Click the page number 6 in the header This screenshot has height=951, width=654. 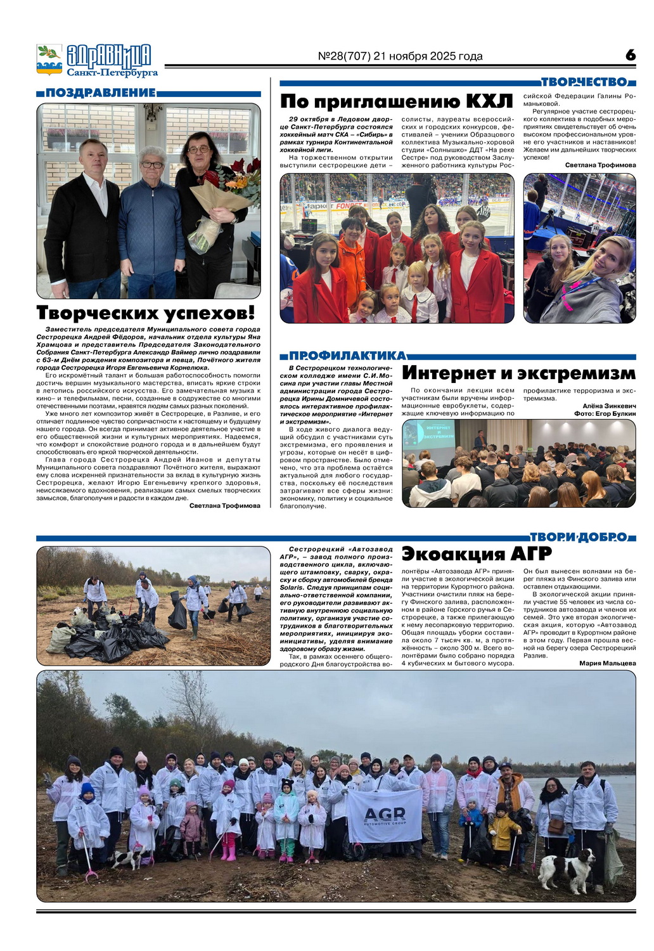coord(630,55)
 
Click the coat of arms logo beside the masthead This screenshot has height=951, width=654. coord(49,60)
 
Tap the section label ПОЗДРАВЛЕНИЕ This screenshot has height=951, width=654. coord(100,93)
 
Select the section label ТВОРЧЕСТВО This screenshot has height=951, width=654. coord(584,82)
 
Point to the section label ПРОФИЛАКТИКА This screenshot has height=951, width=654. coord(347,356)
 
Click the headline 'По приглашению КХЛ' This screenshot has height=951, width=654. coord(396,101)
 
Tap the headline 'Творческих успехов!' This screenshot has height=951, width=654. coord(146,313)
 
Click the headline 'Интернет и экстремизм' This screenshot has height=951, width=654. coord(518,373)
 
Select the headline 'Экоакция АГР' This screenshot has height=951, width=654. coord(477,553)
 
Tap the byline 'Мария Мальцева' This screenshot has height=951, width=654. coord(607,663)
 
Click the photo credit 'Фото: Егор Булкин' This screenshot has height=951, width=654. coord(605,413)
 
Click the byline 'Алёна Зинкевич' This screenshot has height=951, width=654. coord(608,406)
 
